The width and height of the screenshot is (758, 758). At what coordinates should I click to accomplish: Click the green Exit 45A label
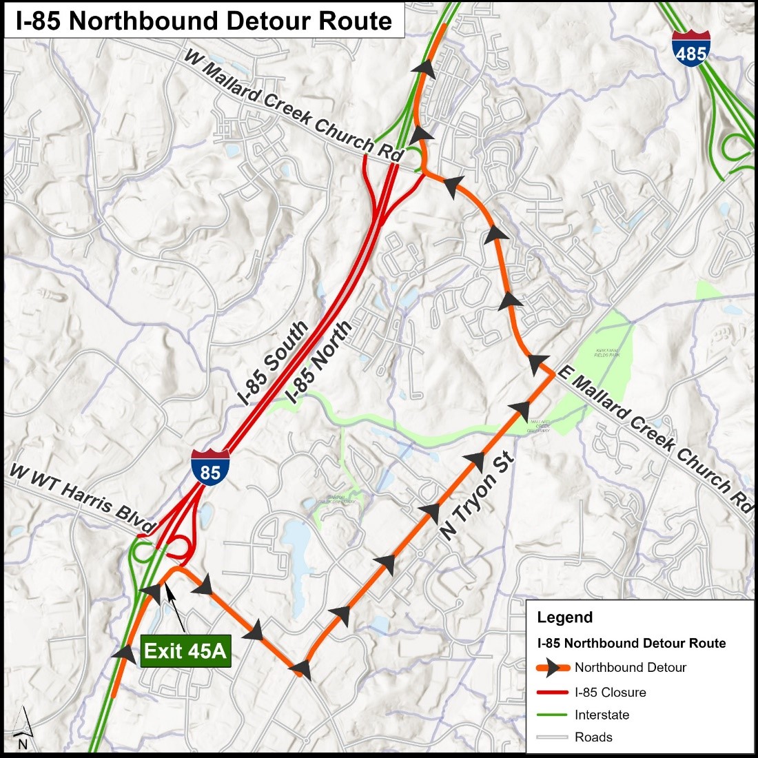[x=185, y=651]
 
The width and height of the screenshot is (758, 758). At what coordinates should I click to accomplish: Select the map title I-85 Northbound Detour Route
[x=204, y=21]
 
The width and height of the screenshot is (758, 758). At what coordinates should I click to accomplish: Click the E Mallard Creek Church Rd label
[x=653, y=438]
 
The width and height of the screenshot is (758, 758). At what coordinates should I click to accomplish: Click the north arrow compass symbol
[x=23, y=728]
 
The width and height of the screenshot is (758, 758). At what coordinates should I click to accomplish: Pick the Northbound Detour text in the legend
[x=631, y=667]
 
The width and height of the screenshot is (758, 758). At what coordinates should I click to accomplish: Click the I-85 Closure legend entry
[x=611, y=692]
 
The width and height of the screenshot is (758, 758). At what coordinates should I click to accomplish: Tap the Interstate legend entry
[x=602, y=715]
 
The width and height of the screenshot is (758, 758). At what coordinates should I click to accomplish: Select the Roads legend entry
[x=593, y=737]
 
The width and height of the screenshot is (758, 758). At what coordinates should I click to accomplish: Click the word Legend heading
[x=564, y=617]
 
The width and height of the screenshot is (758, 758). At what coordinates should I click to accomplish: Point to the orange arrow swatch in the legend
[x=551, y=668]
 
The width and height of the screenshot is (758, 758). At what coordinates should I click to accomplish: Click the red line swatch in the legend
[x=551, y=692]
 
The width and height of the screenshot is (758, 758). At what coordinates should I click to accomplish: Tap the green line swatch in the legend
[x=551, y=715]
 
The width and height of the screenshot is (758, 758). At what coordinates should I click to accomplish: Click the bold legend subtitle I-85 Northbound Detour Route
[x=631, y=643]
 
